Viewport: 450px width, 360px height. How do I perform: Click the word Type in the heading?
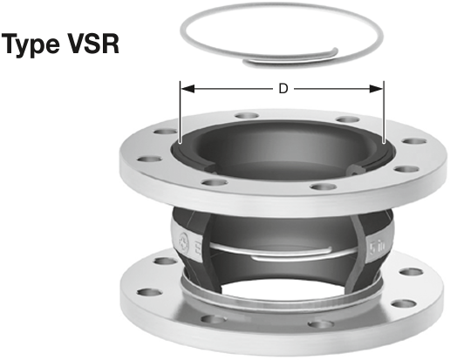(x=31, y=44)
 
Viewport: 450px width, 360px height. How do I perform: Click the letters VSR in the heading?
(x=94, y=44)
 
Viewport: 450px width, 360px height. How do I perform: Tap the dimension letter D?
(x=283, y=89)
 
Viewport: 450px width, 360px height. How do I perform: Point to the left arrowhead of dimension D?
(x=187, y=89)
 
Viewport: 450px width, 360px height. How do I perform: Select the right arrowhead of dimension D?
(x=377, y=89)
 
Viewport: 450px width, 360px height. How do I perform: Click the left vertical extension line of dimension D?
(x=181, y=112)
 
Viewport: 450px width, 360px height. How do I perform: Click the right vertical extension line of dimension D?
(x=384, y=112)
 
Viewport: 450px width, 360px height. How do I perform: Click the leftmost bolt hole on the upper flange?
(x=149, y=160)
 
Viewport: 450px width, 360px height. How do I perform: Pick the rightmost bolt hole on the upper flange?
(x=414, y=141)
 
